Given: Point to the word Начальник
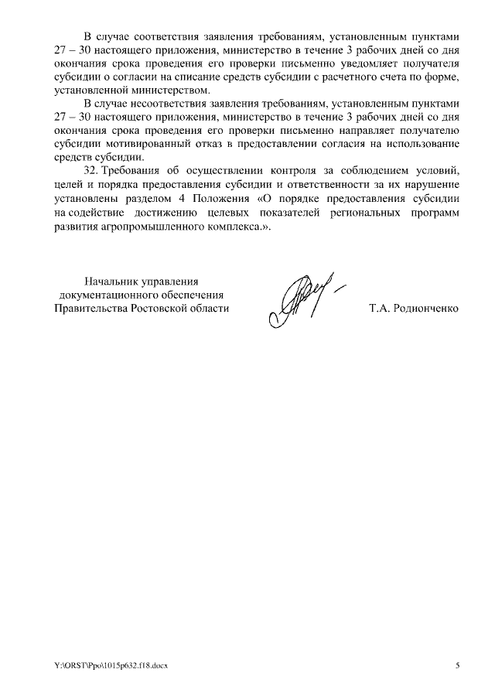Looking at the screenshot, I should pyautogui.click(x=111, y=282).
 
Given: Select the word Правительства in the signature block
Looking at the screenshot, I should pyautogui.click(x=88, y=308).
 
